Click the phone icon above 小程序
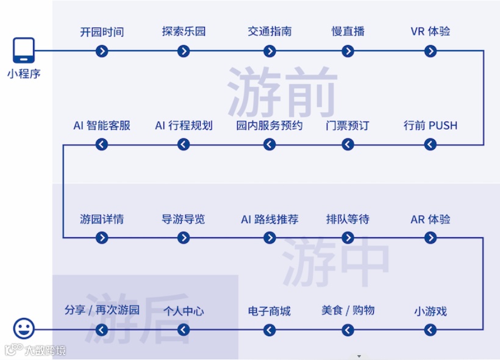click(24, 50)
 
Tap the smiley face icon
click(24, 330)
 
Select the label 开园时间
click(102, 32)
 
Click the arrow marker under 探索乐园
click(184, 51)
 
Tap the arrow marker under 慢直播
click(348, 51)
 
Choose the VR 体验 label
click(430, 32)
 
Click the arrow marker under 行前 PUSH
click(430, 145)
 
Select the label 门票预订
click(348, 126)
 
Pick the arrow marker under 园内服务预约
click(270, 145)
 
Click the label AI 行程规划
click(184, 126)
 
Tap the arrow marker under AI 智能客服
click(102, 145)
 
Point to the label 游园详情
click(102, 219)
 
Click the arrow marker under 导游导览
click(184, 238)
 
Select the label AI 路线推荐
click(270, 219)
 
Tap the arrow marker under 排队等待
click(348, 238)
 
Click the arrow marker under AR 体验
click(430, 238)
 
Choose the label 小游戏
click(430, 311)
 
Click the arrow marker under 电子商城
click(270, 330)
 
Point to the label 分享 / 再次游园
click(102, 310)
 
